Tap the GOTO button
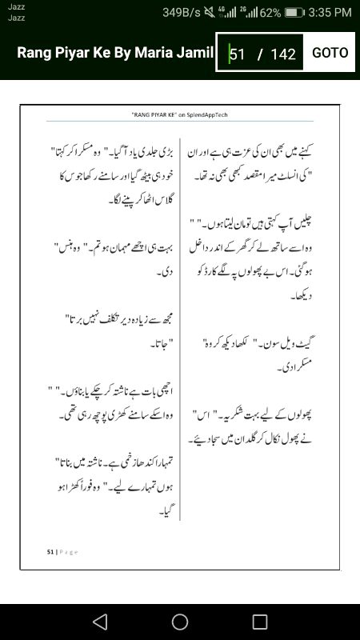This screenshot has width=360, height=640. tap(330, 53)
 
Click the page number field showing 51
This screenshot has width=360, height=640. tap(238, 54)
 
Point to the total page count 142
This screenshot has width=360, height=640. tap(283, 54)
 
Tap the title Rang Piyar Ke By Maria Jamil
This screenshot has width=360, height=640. tap(115, 53)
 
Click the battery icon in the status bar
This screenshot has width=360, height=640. tap(295, 13)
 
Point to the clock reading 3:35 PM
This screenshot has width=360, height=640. tap(330, 13)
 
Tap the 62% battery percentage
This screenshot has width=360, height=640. tap(270, 13)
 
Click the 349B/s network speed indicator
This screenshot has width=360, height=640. tap(181, 13)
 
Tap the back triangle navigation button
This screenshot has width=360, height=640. tap(99, 622)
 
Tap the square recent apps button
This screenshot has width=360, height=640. tap(260, 622)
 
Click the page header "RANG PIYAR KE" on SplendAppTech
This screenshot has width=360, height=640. tap(180, 115)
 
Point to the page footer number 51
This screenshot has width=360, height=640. tap(50, 551)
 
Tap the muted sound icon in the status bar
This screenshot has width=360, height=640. tap(210, 13)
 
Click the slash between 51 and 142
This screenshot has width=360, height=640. tap(260, 54)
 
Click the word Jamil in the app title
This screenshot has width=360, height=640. tap(197, 53)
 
